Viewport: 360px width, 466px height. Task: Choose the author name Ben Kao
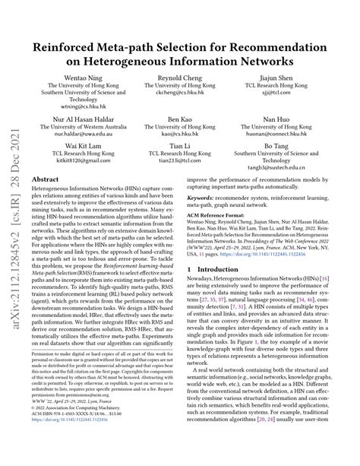pyautogui.click(x=179, y=120)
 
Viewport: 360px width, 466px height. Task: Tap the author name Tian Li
pyautogui.click(x=179, y=145)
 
